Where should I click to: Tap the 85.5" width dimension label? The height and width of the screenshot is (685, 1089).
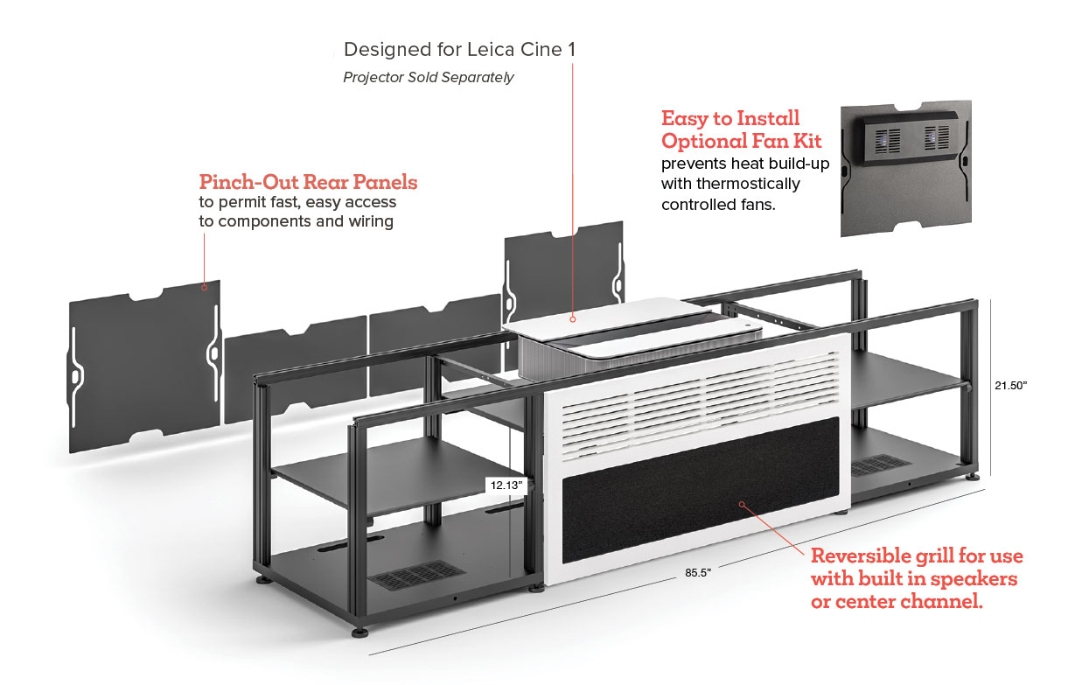(x=698, y=572)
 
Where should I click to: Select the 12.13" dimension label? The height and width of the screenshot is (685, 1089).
(x=506, y=484)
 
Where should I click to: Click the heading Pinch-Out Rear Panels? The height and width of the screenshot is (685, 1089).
(x=308, y=182)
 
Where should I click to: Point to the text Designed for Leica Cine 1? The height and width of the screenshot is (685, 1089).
(x=459, y=49)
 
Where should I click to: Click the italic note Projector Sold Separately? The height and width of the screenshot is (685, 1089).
(x=428, y=77)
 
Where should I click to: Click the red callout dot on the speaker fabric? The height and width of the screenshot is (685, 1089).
(x=741, y=504)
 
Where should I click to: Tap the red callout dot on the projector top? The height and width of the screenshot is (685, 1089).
(x=573, y=318)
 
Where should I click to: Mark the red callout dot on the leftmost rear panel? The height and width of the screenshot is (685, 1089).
(x=204, y=286)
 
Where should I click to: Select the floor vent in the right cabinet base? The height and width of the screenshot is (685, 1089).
(x=879, y=465)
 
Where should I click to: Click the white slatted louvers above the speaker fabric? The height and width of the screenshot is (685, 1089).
(x=700, y=385)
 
